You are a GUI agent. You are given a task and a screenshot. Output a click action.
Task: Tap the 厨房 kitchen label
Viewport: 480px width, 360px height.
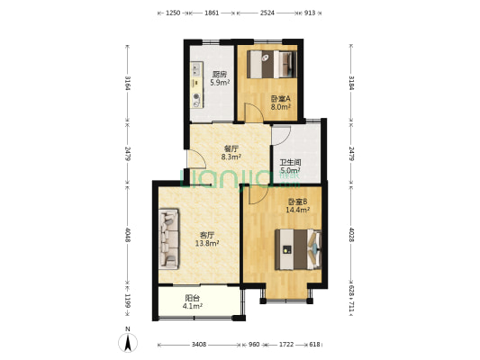(220, 74)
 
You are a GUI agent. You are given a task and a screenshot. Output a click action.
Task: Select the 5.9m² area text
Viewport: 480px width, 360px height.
(220, 82)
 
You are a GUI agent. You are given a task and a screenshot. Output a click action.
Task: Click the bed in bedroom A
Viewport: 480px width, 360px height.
(272, 64)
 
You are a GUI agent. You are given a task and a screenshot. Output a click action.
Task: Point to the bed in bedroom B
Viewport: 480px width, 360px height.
(298, 249)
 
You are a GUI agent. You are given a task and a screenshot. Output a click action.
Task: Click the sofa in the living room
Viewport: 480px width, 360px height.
(168, 238)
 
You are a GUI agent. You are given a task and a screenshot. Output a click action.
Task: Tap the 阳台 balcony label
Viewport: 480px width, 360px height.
(193, 298)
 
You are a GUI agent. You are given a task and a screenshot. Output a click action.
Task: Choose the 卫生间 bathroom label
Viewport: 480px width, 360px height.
(290, 162)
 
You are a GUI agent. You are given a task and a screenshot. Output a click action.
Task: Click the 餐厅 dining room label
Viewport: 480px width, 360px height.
(231, 149)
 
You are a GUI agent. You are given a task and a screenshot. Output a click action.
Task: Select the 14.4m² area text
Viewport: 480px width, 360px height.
(297, 210)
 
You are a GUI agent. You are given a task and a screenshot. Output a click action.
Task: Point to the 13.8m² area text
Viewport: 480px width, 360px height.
(207, 243)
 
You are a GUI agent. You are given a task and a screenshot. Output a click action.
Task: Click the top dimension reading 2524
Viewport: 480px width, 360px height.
(267, 13)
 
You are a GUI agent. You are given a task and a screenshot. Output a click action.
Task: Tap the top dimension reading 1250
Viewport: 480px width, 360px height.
(173, 13)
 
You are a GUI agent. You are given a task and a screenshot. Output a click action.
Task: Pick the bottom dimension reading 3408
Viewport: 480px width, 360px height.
(199, 345)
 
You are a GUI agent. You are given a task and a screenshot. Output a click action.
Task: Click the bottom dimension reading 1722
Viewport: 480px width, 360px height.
(286, 345)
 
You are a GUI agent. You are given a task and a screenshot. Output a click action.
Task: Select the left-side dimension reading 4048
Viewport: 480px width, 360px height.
(128, 235)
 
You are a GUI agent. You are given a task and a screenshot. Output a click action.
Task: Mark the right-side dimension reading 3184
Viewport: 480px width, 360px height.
(351, 83)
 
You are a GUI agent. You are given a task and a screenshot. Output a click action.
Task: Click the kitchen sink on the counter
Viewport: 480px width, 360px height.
(196, 69)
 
